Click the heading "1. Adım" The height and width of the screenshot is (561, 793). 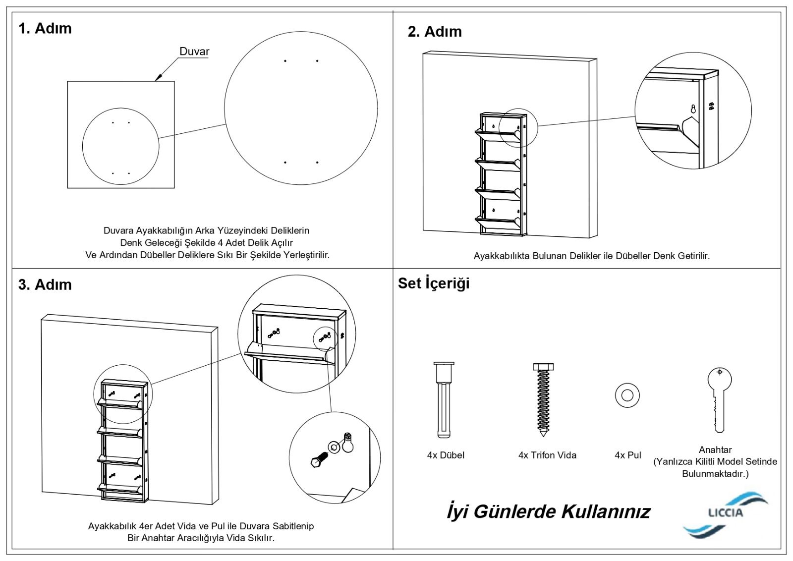pyautogui.click(x=45, y=28)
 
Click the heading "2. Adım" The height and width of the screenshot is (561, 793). pyautogui.click(x=435, y=32)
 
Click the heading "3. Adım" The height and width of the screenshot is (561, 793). pyautogui.click(x=45, y=284)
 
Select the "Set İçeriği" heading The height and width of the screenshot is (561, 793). pyautogui.click(x=434, y=283)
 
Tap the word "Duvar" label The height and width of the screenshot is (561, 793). pyautogui.click(x=194, y=52)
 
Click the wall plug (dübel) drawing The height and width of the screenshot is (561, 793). pyautogui.click(x=444, y=399)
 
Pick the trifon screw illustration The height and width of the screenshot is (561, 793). pyautogui.click(x=543, y=399)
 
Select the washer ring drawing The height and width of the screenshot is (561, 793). pyautogui.click(x=627, y=395)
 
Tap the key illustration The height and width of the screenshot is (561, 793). pyautogui.click(x=719, y=398)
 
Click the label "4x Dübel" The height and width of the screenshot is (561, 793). pyautogui.click(x=446, y=455)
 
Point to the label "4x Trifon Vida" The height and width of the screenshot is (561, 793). pyautogui.click(x=547, y=455)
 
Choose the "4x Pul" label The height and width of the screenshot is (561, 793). pyautogui.click(x=627, y=455)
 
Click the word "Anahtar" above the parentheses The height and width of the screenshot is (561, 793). pyautogui.click(x=715, y=449)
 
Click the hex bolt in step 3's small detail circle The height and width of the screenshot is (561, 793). pyautogui.click(x=318, y=460)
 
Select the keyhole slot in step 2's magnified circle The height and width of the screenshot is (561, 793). pyautogui.click(x=693, y=109)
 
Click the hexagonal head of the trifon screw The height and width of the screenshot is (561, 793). pyautogui.click(x=543, y=367)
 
